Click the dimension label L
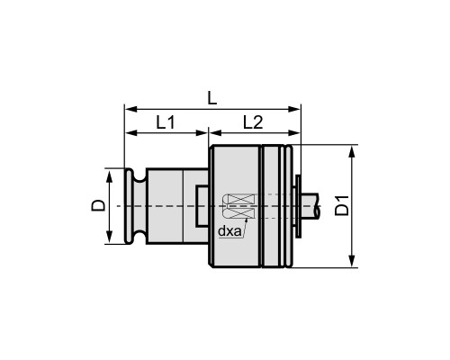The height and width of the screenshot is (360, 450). tap(212, 98)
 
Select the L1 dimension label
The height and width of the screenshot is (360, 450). tap(166, 122)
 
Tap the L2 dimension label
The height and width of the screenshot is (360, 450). tap(253, 122)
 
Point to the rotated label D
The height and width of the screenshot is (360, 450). tap(98, 205)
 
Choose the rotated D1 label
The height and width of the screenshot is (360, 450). tap(342, 205)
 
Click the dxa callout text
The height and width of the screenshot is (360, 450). tap(229, 231)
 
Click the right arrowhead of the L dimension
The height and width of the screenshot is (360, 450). tap(294, 109)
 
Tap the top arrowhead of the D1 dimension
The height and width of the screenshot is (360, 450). tap(352, 151)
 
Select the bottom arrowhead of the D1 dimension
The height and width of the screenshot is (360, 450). tap(352, 261)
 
